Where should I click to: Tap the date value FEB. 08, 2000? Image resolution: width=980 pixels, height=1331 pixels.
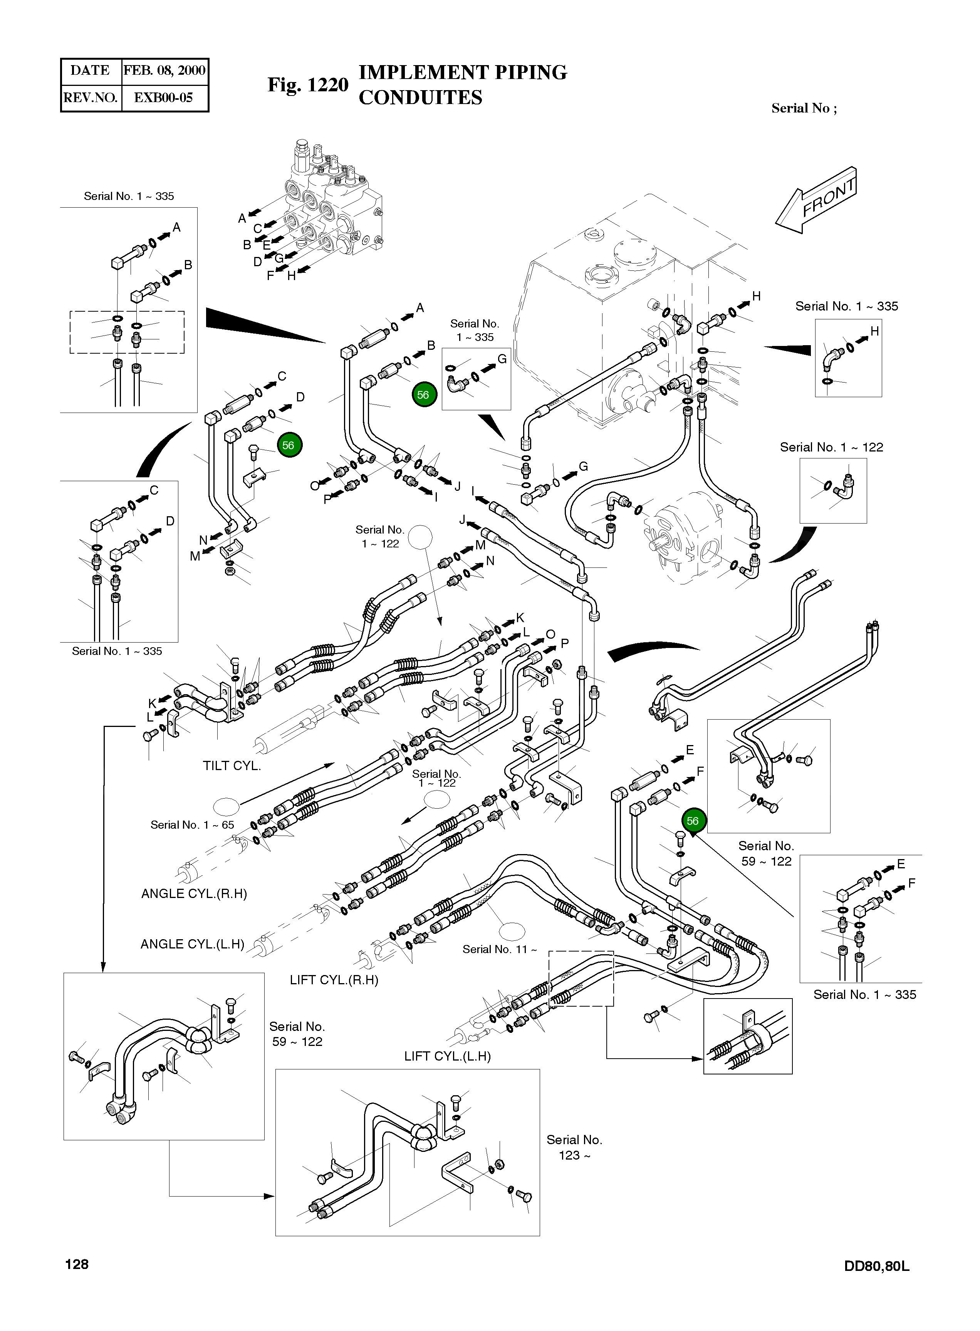click(x=164, y=70)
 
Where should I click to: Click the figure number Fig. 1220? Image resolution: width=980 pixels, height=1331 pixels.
click(x=308, y=85)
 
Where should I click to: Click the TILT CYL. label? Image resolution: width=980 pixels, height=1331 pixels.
click(x=232, y=766)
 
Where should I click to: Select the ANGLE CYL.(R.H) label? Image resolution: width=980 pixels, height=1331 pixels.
click(x=194, y=894)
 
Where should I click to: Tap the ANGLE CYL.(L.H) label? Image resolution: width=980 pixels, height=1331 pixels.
click(x=192, y=944)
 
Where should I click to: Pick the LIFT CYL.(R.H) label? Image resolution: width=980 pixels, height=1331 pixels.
click(x=334, y=980)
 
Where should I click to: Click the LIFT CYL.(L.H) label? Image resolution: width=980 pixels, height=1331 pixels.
click(x=447, y=1056)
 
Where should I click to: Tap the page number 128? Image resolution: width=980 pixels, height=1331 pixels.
click(x=77, y=1265)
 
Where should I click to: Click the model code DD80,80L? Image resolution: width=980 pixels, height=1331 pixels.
click(x=876, y=1266)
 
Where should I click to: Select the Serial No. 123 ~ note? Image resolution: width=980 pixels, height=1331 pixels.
click(x=574, y=1147)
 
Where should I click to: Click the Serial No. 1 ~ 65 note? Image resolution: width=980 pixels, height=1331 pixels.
click(x=192, y=825)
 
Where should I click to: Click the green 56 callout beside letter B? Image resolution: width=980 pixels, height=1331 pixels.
click(x=423, y=395)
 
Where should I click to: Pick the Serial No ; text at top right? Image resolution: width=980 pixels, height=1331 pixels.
click(x=804, y=108)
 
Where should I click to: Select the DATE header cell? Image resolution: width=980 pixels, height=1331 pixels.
click(x=90, y=70)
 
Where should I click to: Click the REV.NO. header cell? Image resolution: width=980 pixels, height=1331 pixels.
click(x=90, y=98)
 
